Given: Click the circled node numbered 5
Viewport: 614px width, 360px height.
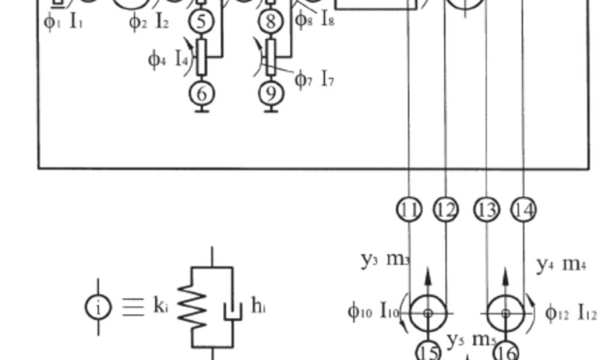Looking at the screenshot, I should [x=201, y=22].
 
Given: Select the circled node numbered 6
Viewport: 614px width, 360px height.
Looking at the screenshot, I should [x=201, y=94].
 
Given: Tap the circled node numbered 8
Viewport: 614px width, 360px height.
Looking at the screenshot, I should [x=271, y=22].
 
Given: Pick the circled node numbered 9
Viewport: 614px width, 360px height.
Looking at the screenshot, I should [x=271, y=94].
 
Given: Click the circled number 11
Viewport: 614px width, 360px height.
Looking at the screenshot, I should [x=409, y=209].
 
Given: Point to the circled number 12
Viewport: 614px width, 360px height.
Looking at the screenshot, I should [x=446, y=209].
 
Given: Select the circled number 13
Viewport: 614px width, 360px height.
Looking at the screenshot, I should [x=486, y=209].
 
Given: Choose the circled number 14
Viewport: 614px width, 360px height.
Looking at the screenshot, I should [x=523, y=209].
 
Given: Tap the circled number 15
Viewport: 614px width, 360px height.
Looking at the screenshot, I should [x=428, y=352].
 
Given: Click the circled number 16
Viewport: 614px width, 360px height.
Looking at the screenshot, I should [x=505, y=352].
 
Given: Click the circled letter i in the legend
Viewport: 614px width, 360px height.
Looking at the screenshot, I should [x=98, y=307].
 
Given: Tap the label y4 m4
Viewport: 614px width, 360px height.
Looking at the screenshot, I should [x=560, y=264].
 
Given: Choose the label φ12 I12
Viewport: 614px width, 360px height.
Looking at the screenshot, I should [x=571, y=313].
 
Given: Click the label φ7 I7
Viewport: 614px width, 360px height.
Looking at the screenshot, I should [x=314, y=79].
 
